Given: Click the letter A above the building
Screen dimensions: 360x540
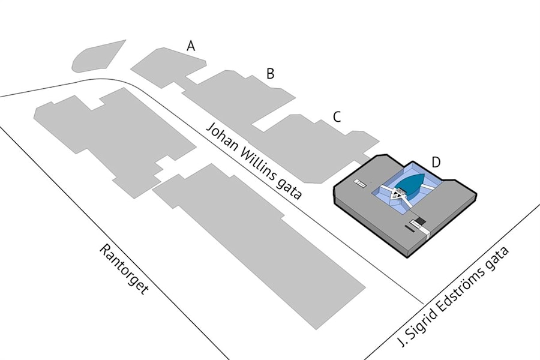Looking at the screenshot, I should [191, 46].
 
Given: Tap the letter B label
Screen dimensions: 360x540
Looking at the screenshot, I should [271, 74].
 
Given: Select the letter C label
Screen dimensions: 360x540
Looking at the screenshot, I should [337, 117].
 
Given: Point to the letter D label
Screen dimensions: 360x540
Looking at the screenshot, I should [436, 161].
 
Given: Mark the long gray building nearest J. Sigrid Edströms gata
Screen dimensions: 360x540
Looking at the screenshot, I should [264, 246].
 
